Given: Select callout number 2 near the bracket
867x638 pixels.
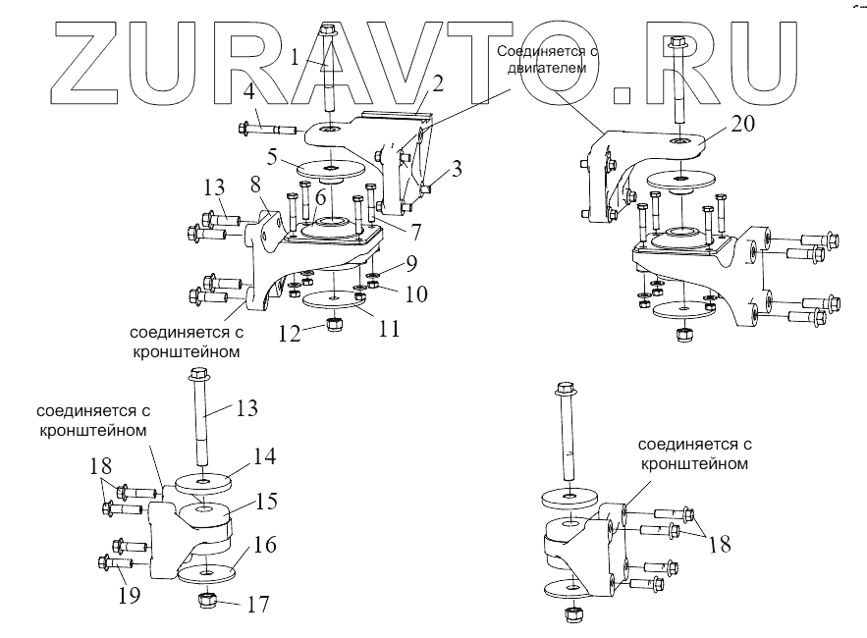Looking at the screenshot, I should pyautogui.click(x=438, y=83).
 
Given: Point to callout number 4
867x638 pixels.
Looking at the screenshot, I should pyautogui.click(x=249, y=95).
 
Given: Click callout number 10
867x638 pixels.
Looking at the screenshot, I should pyautogui.click(x=415, y=292).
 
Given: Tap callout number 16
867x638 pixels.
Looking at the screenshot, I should pyautogui.click(x=265, y=546).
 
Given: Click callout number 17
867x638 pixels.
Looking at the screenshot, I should pyautogui.click(x=257, y=605).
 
